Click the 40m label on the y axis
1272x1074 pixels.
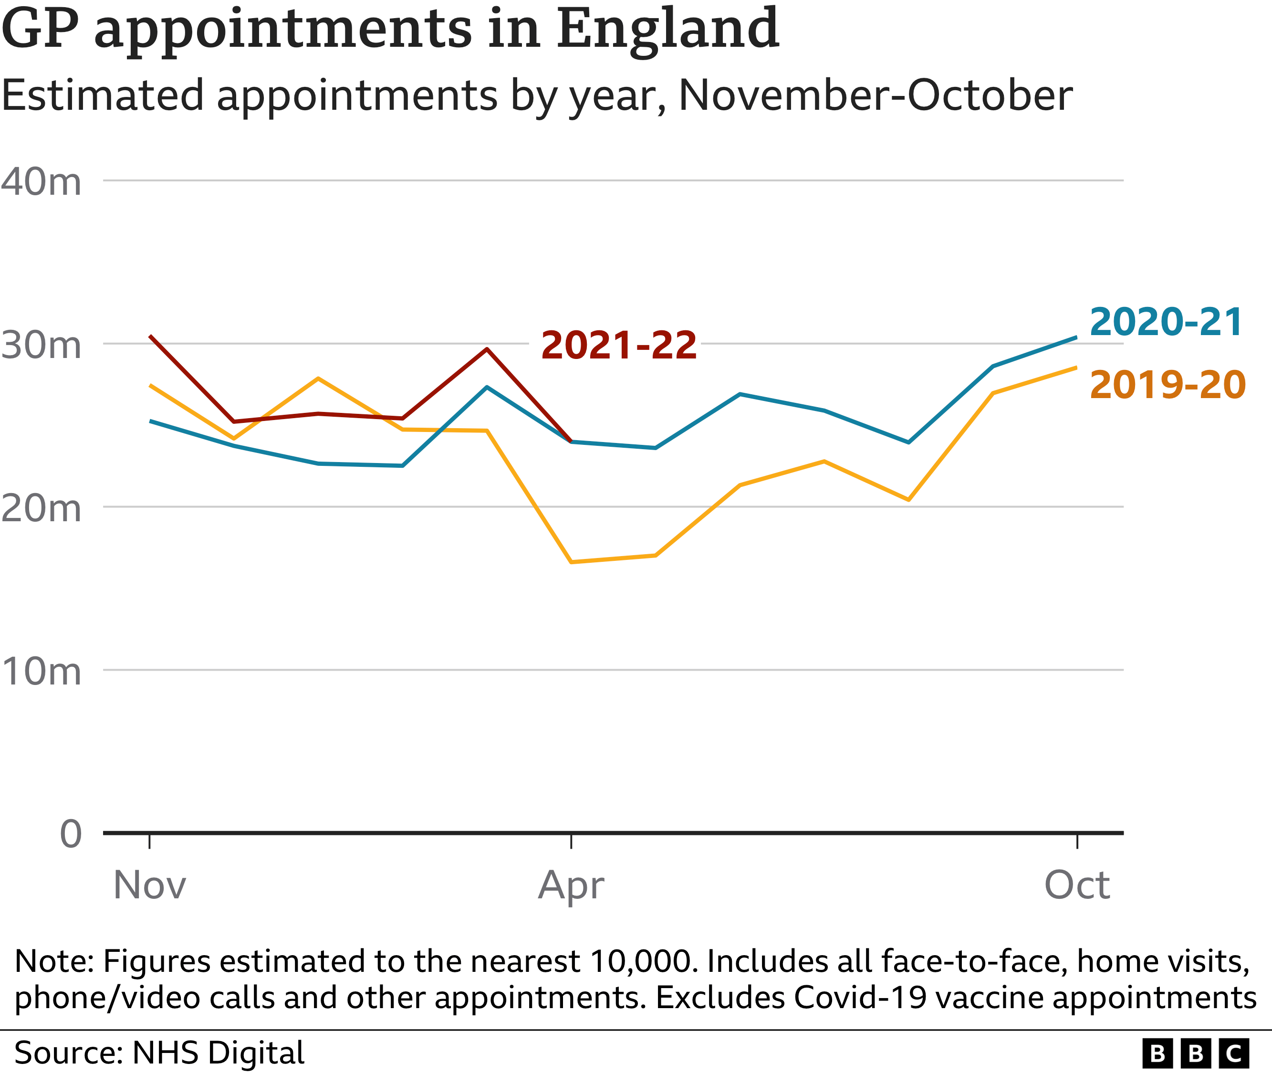tap(41, 181)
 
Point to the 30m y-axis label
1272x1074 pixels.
tap(41, 345)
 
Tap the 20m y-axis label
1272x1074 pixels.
tap(41, 508)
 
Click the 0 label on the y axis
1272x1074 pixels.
tap(71, 834)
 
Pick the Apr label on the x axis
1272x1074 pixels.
tap(571, 886)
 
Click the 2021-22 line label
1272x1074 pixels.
tap(618, 345)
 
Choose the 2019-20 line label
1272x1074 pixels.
tap(1168, 385)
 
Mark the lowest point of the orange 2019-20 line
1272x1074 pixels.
tap(571, 562)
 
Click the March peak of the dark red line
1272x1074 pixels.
tap(487, 349)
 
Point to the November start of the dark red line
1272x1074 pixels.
tap(150, 336)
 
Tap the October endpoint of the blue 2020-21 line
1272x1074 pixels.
tap(1076, 337)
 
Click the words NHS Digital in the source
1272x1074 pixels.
tap(218, 1052)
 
